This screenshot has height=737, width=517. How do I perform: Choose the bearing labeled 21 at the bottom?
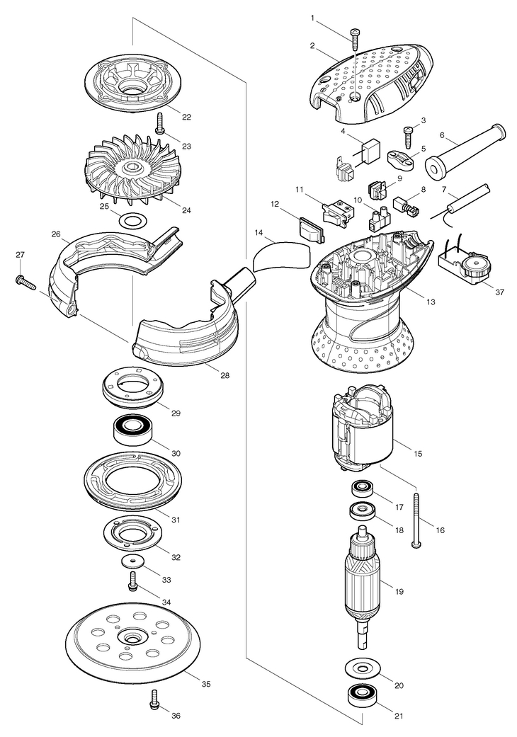click(x=361, y=697)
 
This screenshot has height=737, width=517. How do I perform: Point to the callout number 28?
click(x=225, y=375)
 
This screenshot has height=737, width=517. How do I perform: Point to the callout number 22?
click(x=186, y=116)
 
